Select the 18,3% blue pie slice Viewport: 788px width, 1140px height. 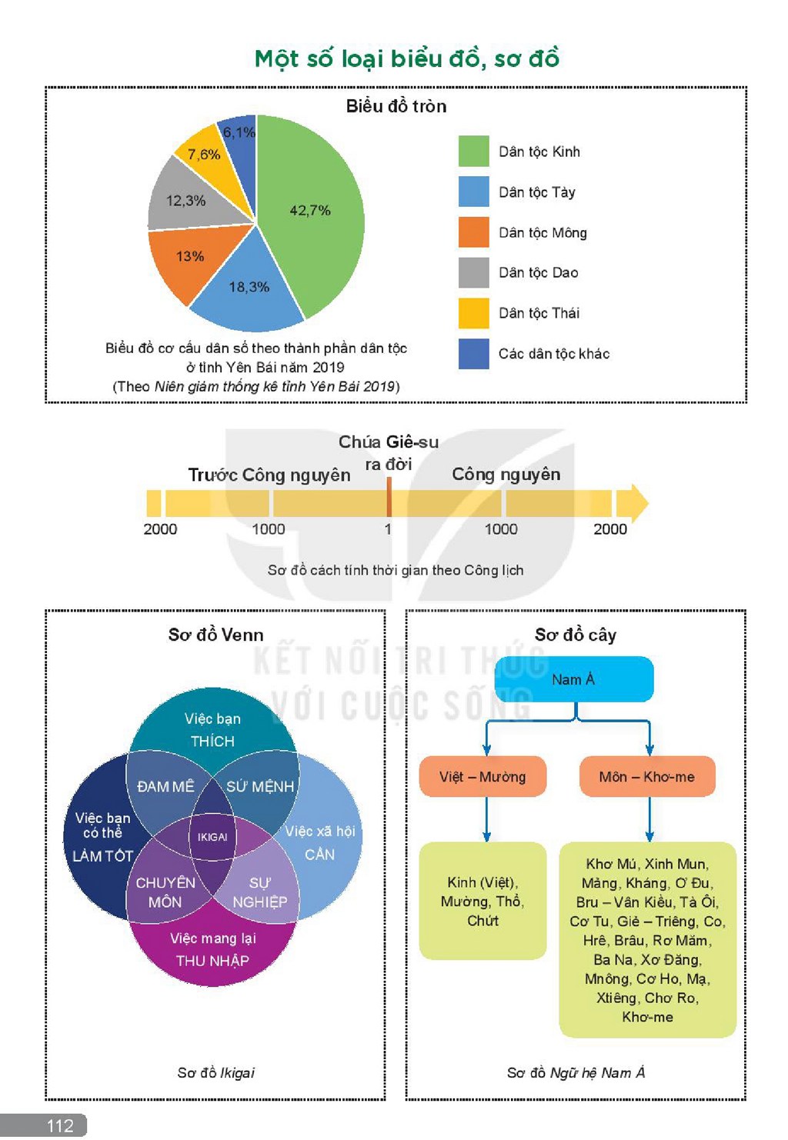click(x=249, y=287)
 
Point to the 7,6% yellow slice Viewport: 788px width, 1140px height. click(x=207, y=155)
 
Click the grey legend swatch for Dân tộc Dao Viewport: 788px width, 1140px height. click(x=473, y=272)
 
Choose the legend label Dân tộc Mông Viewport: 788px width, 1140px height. click(x=543, y=232)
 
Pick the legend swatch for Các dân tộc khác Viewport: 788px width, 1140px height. click(x=473, y=354)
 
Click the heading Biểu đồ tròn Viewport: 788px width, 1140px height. click(x=396, y=106)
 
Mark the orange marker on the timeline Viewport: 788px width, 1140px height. click(x=389, y=497)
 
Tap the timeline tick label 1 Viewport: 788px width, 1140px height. click(x=388, y=529)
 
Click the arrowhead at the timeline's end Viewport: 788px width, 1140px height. click(x=633, y=503)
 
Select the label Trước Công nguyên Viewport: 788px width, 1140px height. click(x=269, y=475)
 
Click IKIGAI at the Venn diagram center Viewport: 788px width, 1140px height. click(x=212, y=837)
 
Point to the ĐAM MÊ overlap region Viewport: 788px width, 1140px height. click(x=166, y=786)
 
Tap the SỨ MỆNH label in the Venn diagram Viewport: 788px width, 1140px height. click(x=260, y=786)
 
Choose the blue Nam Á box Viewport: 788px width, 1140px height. click(x=574, y=679)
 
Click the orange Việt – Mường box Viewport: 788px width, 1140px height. click(x=482, y=777)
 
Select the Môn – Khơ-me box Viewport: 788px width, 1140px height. click(x=647, y=777)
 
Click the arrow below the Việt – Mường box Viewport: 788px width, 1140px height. click(x=486, y=819)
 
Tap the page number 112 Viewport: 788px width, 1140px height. click(x=60, y=1125)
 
